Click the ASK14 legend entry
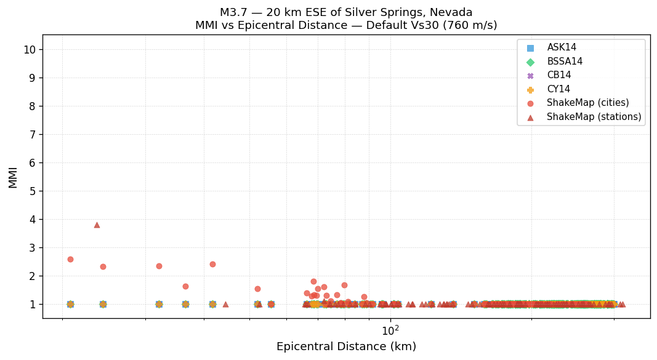click(x=562, y=47)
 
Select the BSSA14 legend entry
click(x=565, y=62)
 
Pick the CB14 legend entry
click(x=559, y=75)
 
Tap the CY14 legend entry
click(x=558, y=89)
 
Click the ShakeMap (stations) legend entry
click(x=594, y=117)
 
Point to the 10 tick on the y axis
click(x=30, y=50)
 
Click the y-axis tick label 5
click(x=33, y=191)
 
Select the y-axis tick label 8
click(x=33, y=106)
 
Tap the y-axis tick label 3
click(x=33, y=248)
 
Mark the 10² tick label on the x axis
click(x=390, y=330)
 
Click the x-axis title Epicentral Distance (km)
click(x=346, y=346)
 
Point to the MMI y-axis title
click(x=13, y=177)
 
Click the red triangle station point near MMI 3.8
click(x=97, y=225)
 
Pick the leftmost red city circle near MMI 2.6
click(x=70, y=259)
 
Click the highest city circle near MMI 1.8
click(x=313, y=281)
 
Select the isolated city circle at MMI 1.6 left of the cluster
click(x=185, y=286)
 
